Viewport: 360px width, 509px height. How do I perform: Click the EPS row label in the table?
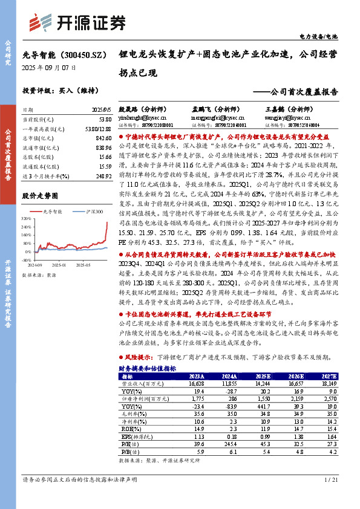click(x=132, y=435)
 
